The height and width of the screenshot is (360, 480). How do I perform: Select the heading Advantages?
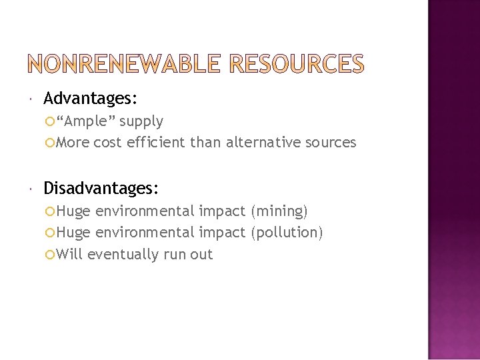pyautogui.click(x=91, y=99)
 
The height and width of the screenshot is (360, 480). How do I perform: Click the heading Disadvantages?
pyautogui.click(x=101, y=189)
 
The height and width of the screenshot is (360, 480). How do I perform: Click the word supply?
pyautogui.click(x=141, y=121)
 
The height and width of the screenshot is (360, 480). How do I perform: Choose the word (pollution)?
pyautogui.click(x=287, y=233)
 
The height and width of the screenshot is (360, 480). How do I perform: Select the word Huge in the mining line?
pyautogui.click(x=73, y=211)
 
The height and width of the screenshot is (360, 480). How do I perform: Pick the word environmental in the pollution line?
pyautogui.click(x=146, y=233)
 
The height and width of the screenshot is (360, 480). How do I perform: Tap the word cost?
pyautogui.click(x=106, y=142)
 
